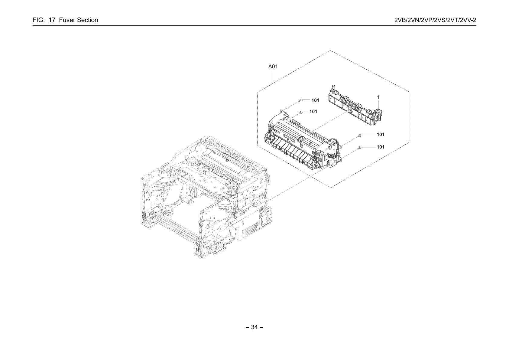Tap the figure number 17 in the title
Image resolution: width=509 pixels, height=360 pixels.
52,20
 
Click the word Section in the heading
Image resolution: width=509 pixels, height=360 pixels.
87,20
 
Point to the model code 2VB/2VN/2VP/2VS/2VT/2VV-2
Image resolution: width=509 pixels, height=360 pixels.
435,20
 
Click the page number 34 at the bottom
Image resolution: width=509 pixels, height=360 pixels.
254,327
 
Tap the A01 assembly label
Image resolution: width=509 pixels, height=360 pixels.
273,67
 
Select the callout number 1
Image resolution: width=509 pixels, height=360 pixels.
378,97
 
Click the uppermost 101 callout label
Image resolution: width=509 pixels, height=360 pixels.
315,100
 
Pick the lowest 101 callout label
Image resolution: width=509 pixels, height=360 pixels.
381,147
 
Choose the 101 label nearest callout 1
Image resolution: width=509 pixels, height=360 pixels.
381,134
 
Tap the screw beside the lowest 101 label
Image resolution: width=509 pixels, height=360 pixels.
359,148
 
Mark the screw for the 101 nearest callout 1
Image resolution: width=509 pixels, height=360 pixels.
359,135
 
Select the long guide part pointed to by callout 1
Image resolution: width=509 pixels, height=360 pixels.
355,106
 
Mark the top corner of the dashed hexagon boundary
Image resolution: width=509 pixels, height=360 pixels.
330,50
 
